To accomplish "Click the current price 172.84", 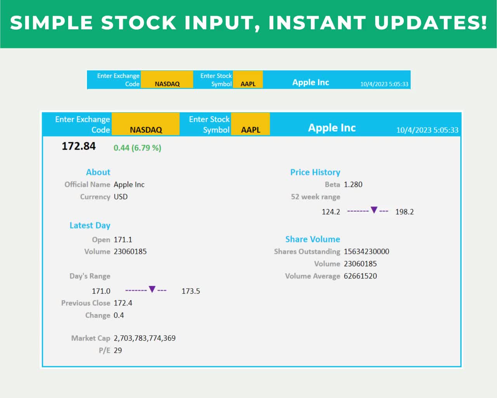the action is pyautogui.click(x=78, y=146).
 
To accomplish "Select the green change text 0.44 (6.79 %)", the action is pyautogui.click(x=137, y=148).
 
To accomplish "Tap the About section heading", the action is pyautogui.click(x=98, y=172).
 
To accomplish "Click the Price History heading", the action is pyautogui.click(x=315, y=172).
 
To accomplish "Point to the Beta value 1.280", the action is pyautogui.click(x=353, y=185).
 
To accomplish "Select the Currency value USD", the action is pyautogui.click(x=120, y=197).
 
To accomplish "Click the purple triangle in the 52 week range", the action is pyautogui.click(x=374, y=210).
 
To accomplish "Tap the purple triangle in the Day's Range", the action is pyautogui.click(x=152, y=289).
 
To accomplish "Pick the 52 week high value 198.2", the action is pyautogui.click(x=404, y=212).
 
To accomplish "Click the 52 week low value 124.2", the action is pyautogui.click(x=331, y=212).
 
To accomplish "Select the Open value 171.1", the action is pyautogui.click(x=123, y=239).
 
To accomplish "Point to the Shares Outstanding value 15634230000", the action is pyautogui.click(x=367, y=251).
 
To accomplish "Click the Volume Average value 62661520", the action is pyautogui.click(x=360, y=276).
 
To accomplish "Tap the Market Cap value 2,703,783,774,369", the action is pyautogui.click(x=144, y=338).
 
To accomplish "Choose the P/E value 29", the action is pyautogui.click(x=118, y=351).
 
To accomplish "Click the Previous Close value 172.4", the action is pyautogui.click(x=123, y=303).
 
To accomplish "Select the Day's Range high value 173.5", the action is pyautogui.click(x=191, y=291).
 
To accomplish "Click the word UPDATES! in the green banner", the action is pyautogui.click(x=431, y=23).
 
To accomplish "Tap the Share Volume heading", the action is pyautogui.click(x=313, y=239).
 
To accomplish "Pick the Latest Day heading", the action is pyautogui.click(x=90, y=225).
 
